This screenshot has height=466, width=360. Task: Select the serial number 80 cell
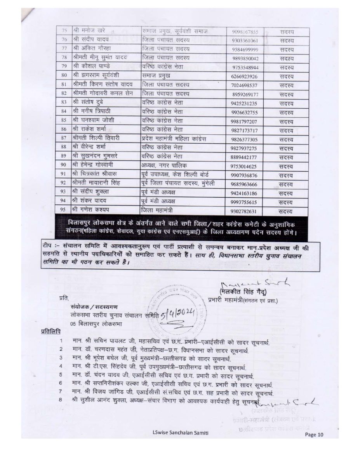coord(64,77)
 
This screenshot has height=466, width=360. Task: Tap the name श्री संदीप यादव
coord(88,40)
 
